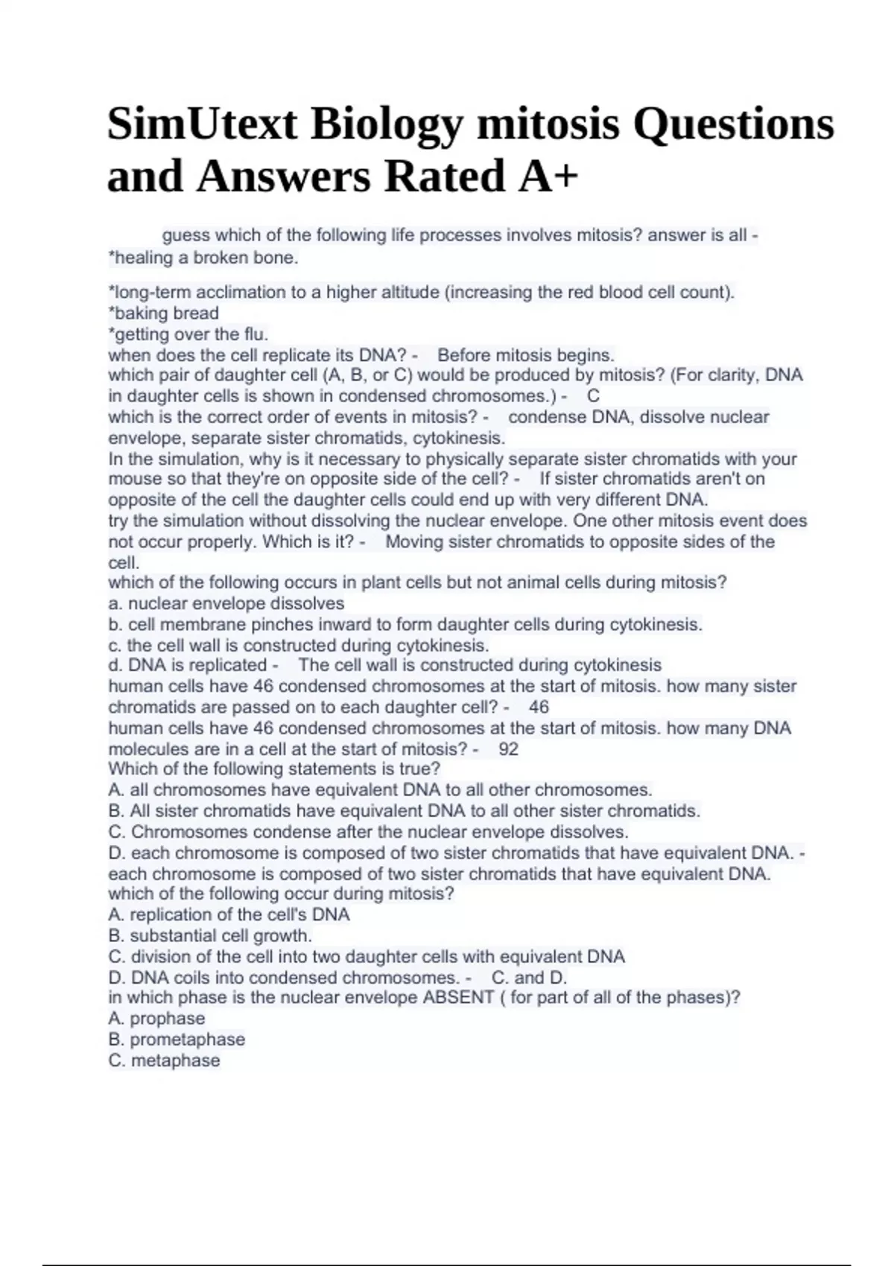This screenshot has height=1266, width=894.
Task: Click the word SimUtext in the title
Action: coord(202,124)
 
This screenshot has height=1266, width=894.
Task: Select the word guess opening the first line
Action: coord(186,235)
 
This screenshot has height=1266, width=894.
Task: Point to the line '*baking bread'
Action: coord(164,314)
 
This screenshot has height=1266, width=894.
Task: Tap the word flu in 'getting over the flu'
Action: coord(255,334)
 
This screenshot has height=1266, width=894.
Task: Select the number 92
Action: coord(508,749)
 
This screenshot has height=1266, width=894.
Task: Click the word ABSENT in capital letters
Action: coord(458,998)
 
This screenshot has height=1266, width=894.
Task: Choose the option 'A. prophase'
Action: coord(156,1019)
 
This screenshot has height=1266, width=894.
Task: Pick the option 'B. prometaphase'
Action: coord(177,1040)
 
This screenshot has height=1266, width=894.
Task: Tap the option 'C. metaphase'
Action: coord(164,1060)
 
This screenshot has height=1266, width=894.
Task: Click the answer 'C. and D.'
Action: coord(530,978)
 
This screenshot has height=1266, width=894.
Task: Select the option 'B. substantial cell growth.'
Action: coord(210,936)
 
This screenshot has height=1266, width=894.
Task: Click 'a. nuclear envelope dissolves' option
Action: coord(226,603)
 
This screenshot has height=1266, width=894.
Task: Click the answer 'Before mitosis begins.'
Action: coord(526,355)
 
